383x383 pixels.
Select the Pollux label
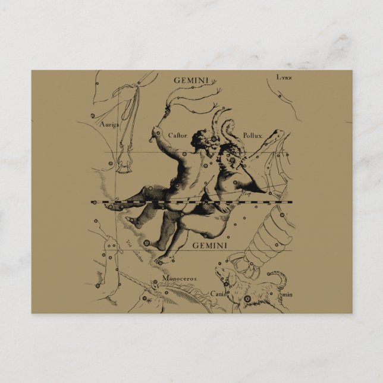(253, 136)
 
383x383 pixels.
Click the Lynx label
(284, 78)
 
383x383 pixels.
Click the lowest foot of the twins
(159, 258)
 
